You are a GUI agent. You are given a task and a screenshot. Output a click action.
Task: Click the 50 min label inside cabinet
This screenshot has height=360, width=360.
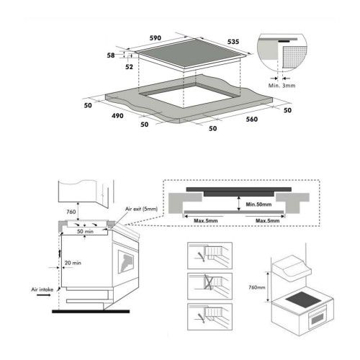83,233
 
